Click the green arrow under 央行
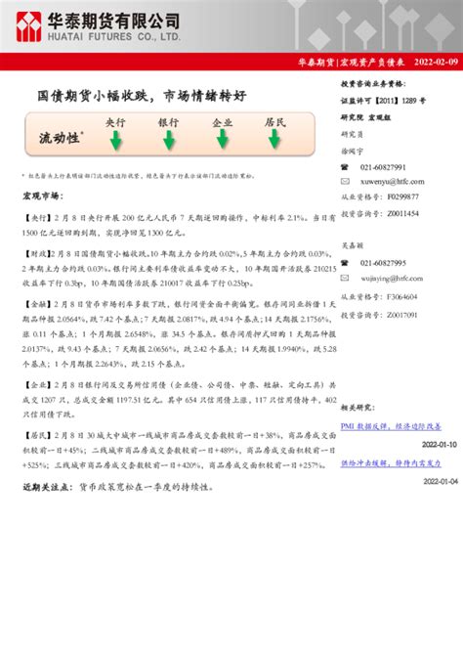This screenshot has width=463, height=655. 115,142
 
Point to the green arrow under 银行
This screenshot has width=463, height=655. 169,142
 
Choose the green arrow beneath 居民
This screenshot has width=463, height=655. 275,142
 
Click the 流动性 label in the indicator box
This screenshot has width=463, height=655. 59,138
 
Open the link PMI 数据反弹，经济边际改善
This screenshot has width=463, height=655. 392,426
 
